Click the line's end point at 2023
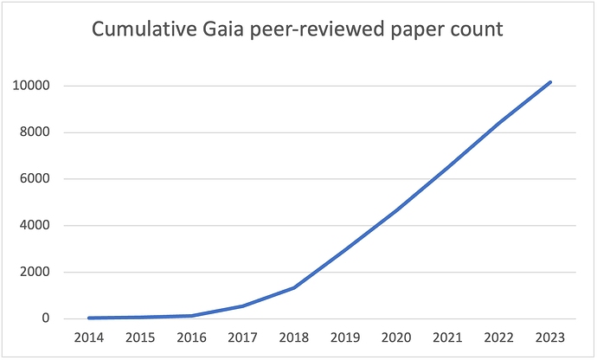point(550,82)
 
